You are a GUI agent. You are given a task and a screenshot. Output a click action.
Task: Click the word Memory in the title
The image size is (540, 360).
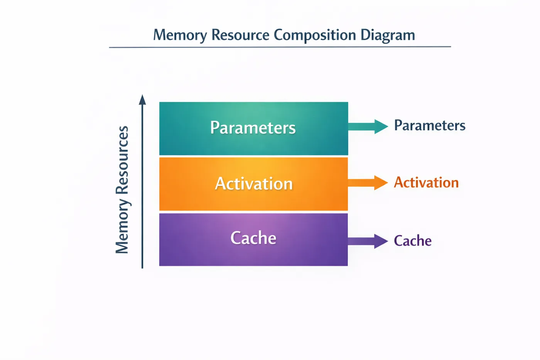[x=180, y=35]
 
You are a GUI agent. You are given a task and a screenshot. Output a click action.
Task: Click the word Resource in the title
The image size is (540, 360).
[x=240, y=35]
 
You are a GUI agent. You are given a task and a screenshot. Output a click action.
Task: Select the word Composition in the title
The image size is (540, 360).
[x=315, y=35]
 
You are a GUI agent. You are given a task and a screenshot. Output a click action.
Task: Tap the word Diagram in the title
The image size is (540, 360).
[x=388, y=35]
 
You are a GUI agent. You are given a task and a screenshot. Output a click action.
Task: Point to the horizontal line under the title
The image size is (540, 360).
[x=280, y=47]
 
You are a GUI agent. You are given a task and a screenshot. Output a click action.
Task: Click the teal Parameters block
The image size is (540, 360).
[x=254, y=128]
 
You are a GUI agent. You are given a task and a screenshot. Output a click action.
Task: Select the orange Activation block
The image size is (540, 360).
[x=254, y=184]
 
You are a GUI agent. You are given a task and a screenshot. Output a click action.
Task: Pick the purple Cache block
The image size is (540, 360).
[x=254, y=240]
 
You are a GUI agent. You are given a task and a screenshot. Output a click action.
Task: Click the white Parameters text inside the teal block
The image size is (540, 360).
[x=253, y=128]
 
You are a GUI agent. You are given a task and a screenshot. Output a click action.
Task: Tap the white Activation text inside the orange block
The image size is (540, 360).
[x=254, y=184]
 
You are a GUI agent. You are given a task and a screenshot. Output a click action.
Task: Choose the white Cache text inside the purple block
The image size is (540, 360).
[x=253, y=238]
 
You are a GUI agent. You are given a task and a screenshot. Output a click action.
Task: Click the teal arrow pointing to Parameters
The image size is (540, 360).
[x=368, y=127]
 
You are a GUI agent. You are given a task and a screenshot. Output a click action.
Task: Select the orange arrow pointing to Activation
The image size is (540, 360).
[x=368, y=183]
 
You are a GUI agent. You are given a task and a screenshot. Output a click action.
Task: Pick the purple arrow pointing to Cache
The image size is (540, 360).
[x=368, y=241]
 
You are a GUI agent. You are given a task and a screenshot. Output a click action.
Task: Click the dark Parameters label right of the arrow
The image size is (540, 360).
[x=430, y=125]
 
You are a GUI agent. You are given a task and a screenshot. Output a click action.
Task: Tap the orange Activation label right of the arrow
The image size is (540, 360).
[x=426, y=182]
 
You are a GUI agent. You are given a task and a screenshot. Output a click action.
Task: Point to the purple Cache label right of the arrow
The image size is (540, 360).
[x=413, y=241]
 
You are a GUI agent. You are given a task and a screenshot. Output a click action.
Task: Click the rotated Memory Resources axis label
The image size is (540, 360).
[x=122, y=190]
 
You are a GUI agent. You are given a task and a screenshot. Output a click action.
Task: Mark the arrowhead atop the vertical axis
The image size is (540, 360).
[x=142, y=100]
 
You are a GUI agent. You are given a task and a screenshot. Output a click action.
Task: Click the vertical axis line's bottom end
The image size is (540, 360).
[x=142, y=268]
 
